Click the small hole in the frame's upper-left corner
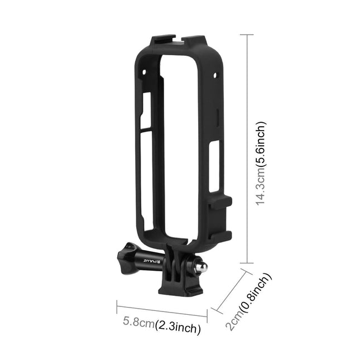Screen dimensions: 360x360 144,73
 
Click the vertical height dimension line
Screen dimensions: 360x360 246,148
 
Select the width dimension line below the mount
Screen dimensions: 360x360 162,310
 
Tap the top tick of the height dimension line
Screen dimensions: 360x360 246,33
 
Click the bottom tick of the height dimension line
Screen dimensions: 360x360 246,263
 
